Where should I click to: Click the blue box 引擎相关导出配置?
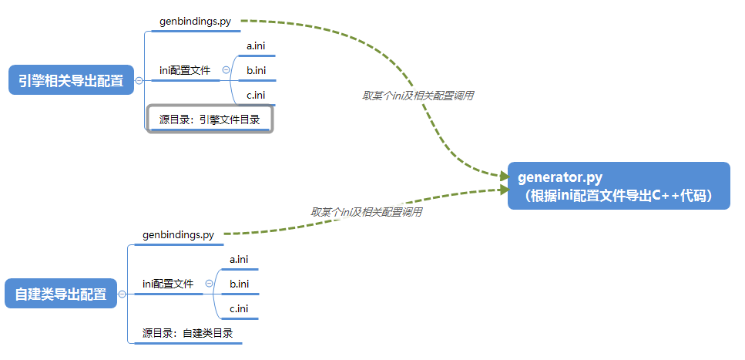[71, 80]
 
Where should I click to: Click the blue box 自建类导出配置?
[61, 294]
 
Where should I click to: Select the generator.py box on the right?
[618, 186]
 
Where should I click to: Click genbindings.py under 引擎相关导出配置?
[196, 22]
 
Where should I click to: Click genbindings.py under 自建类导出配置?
[178, 234]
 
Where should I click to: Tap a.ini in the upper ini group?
[257, 46]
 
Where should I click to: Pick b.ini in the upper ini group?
[257, 71]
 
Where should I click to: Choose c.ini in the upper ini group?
[257, 96]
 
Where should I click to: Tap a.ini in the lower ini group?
[240, 259]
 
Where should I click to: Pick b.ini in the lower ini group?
[240, 284]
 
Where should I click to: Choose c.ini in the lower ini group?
[240, 308]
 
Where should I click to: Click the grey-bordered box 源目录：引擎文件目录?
[210, 119]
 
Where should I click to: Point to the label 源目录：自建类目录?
[188, 333]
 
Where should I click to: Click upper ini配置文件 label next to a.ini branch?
[185, 70]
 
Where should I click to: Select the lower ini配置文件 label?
[168, 284]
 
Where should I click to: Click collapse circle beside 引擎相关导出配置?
[139, 80]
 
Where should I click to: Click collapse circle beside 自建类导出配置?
[122, 294]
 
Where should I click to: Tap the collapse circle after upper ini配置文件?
[226, 70]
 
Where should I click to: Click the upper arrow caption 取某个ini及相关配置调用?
[418, 96]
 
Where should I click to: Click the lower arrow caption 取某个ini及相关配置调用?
[366, 211]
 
